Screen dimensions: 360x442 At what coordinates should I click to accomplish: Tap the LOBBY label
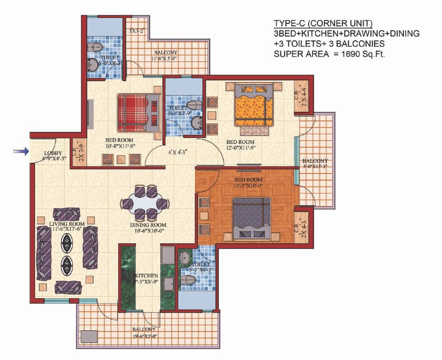(x=53, y=153)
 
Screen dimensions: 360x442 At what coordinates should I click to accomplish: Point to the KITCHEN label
(x=146, y=276)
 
